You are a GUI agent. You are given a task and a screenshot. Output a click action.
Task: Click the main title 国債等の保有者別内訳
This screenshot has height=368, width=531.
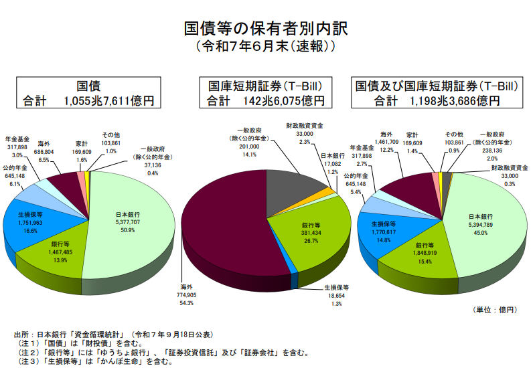pyautogui.click(x=266, y=29)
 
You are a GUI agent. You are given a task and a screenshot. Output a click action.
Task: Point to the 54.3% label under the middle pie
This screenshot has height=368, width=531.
pyautogui.click(x=187, y=303)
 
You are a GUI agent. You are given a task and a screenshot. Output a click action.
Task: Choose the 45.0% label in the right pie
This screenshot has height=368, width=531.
pyautogui.click(x=480, y=234)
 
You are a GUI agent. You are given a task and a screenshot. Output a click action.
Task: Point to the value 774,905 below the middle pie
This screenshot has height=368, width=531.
pyautogui.click(x=187, y=295)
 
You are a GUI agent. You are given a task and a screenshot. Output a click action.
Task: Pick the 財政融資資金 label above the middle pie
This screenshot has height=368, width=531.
pyautogui.click(x=305, y=126)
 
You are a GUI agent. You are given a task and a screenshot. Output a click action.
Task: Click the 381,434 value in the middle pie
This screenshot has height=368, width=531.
pyautogui.click(x=312, y=234)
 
